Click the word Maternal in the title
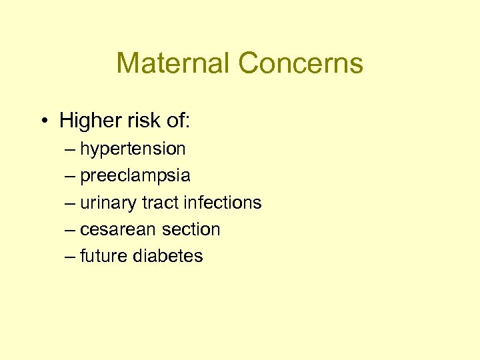click(173, 63)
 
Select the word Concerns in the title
click(301, 63)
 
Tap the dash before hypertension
click(71, 149)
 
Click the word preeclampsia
click(135, 176)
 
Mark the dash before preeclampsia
click(71, 176)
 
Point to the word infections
click(222, 203)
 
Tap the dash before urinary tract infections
click(71, 203)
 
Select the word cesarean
click(117, 229)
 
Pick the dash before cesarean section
click(71, 229)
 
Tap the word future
click(103, 256)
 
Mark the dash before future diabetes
click(71, 256)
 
